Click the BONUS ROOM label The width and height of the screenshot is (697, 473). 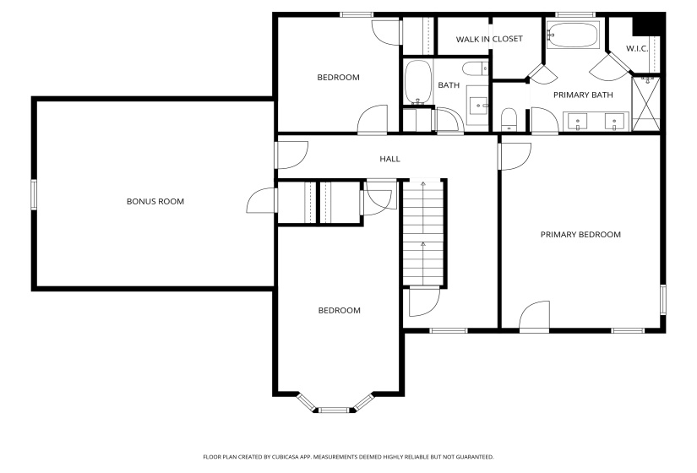[155, 201]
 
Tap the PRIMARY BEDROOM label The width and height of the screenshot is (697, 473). [580, 235]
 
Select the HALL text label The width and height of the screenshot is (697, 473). [389, 159]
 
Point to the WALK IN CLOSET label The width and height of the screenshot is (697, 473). [489, 39]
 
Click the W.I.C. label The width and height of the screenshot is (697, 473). [637, 48]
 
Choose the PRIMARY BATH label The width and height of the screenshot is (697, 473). [583, 95]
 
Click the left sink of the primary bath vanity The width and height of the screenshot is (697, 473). [578, 121]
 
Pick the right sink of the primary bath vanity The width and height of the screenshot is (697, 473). [614, 121]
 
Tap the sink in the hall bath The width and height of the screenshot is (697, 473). [479, 106]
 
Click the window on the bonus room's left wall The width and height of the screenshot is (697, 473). [34, 194]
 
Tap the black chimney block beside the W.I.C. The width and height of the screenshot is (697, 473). [648, 24]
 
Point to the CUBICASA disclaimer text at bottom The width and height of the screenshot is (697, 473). [347, 457]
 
